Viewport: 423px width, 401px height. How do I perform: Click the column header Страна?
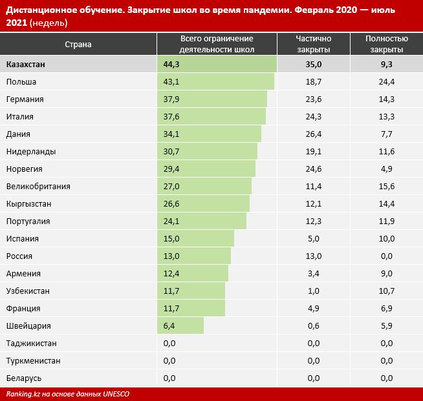[78, 45]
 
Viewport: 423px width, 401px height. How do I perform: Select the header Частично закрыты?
[314, 45]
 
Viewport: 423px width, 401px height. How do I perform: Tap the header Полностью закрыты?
[387, 45]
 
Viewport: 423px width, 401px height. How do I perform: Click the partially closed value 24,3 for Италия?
[314, 117]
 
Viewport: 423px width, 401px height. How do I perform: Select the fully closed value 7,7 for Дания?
[387, 134]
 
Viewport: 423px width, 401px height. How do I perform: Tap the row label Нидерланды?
[30, 152]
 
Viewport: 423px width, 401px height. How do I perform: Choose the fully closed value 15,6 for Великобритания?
[387, 187]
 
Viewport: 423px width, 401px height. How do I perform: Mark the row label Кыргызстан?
[28, 204]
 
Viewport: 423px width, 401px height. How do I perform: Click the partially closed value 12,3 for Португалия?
[314, 221]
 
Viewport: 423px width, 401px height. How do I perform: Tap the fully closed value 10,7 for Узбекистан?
[387, 291]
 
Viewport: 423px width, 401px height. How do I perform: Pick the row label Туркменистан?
[33, 361]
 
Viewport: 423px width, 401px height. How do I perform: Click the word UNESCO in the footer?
[116, 394]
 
